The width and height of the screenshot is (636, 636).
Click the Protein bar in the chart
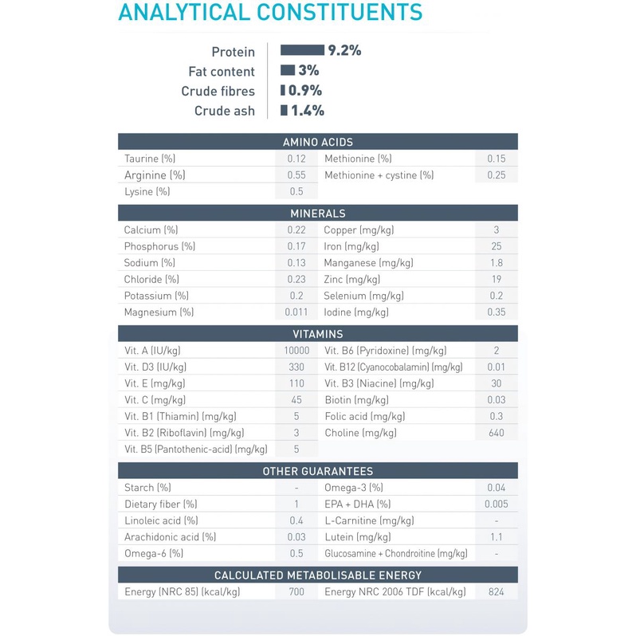click(x=302, y=50)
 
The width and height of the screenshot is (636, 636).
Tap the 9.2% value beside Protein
click(x=344, y=50)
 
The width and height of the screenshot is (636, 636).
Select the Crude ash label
click(x=225, y=111)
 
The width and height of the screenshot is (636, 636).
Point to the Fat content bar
click(x=288, y=70)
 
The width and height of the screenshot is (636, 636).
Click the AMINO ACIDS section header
click(x=317, y=142)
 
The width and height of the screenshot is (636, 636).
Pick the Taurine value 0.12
click(x=296, y=159)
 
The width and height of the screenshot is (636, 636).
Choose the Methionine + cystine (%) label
click(x=379, y=175)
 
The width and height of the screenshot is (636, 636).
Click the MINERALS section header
click(x=317, y=214)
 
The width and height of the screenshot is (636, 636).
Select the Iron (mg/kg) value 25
click(x=496, y=246)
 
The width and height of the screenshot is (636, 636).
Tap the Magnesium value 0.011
click(x=296, y=312)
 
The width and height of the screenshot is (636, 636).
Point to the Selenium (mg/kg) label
click(x=363, y=296)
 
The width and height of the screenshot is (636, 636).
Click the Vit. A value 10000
click(x=296, y=350)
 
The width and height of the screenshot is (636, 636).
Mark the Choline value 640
click(x=496, y=433)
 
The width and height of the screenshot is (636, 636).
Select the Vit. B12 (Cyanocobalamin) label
click(x=393, y=367)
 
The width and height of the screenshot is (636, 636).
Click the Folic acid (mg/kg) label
click(x=364, y=416)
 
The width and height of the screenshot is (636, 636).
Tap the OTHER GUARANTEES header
click(x=317, y=471)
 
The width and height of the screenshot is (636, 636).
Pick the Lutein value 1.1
click(x=496, y=537)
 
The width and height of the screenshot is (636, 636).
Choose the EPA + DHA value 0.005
click(x=496, y=504)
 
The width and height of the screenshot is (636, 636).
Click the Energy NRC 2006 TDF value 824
click(x=496, y=592)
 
